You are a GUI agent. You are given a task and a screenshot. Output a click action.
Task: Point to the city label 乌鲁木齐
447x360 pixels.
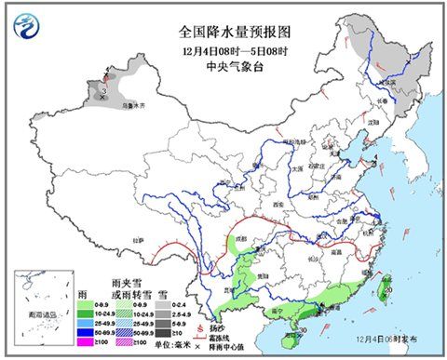(136, 106)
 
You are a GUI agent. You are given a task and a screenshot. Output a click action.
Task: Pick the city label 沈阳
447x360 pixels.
(374, 122)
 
